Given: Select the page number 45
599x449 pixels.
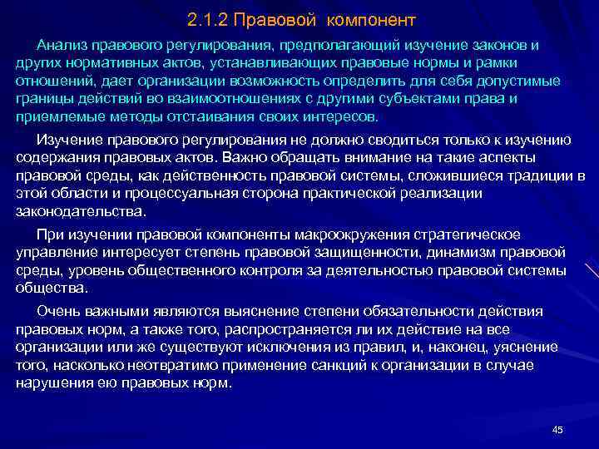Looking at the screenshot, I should tap(557, 429).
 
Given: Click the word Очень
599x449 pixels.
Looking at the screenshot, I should tap(58, 310).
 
